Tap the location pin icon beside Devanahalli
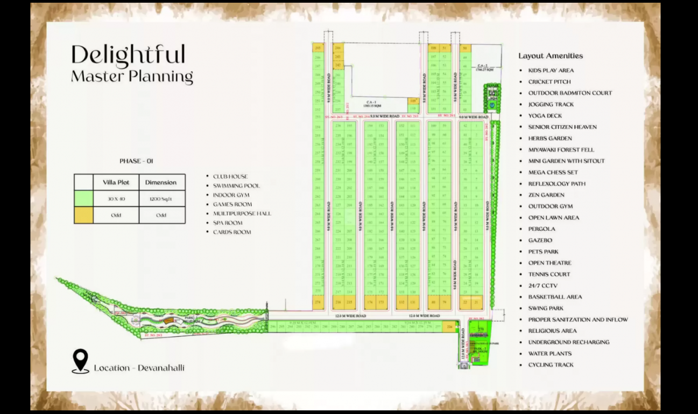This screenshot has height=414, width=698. pyautogui.click(x=80, y=360)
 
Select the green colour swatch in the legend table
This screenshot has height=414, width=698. pyautogui.click(x=84, y=198)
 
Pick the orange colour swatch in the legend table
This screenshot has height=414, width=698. pyautogui.click(x=84, y=215)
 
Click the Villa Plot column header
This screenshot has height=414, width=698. pyautogui.click(x=116, y=182)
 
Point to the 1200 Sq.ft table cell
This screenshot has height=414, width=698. pyautogui.click(x=161, y=198)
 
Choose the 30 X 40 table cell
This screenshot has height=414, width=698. pyautogui.click(x=116, y=198)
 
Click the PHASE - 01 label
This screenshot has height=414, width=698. pyautogui.click(x=136, y=161)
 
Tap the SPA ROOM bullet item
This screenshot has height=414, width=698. pyautogui.click(x=227, y=223)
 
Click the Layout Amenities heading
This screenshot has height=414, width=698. pyautogui.click(x=551, y=56)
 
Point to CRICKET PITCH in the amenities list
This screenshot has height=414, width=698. pyautogui.click(x=549, y=82)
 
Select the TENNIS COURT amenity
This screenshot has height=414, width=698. pyautogui.click(x=549, y=274)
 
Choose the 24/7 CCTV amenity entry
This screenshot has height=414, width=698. pyautogui.click(x=542, y=286)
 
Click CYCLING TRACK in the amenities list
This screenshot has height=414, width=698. pyautogui.click(x=551, y=365)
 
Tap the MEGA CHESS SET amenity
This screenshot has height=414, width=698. pyautogui.click(x=553, y=172)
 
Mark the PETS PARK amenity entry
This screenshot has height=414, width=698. pyautogui.click(x=543, y=252)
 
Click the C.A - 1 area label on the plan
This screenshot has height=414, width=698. pyautogui.click(x=372, y=102)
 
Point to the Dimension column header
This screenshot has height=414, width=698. pyautogui.click(x=161, y=182)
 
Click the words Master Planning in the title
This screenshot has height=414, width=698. pyautogui.click(x=132, y=77)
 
